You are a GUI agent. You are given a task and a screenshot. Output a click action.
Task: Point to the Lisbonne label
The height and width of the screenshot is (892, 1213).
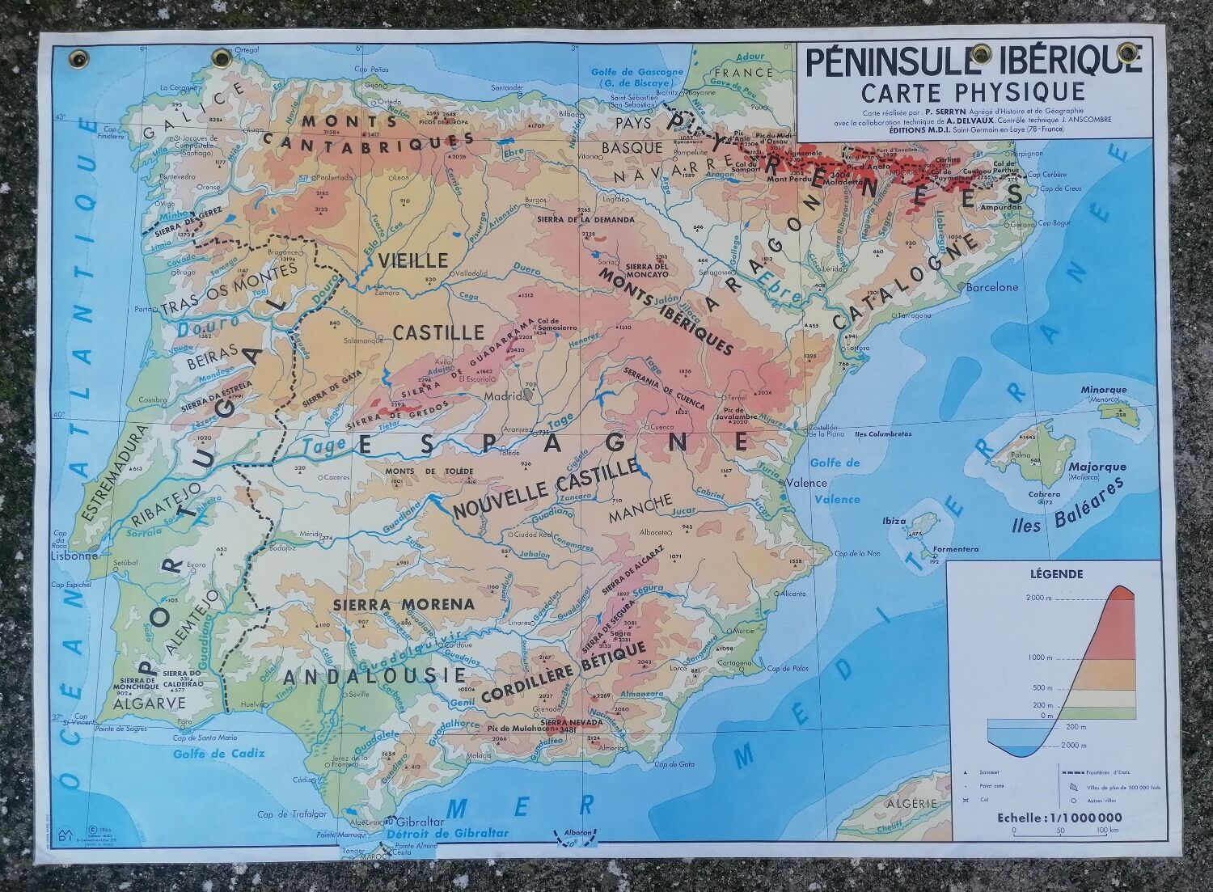(x=74, y=556)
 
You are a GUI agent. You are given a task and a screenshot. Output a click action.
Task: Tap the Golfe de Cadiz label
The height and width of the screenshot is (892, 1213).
(x=208, y=755)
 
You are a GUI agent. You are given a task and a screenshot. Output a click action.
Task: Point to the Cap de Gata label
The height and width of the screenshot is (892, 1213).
(x=676, y=764)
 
